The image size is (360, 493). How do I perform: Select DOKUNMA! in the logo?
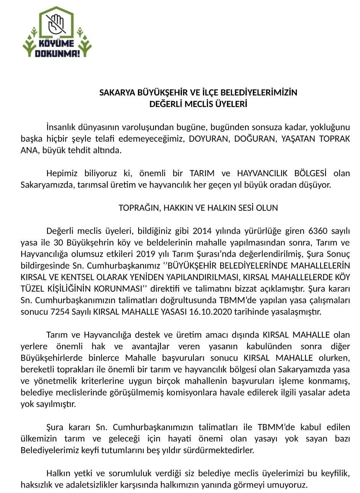57,53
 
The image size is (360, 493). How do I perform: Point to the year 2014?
202,231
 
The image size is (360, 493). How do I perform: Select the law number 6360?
317,231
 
